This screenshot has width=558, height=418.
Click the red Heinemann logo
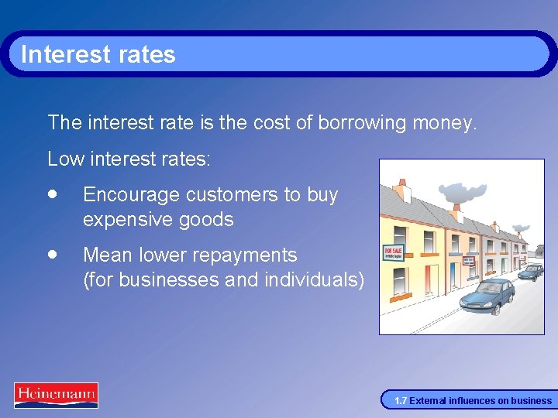[56, 395]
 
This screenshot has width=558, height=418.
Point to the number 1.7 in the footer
[400, 401]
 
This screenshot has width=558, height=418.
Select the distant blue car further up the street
[531, 272]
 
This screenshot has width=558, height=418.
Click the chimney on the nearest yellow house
[401, 190]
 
